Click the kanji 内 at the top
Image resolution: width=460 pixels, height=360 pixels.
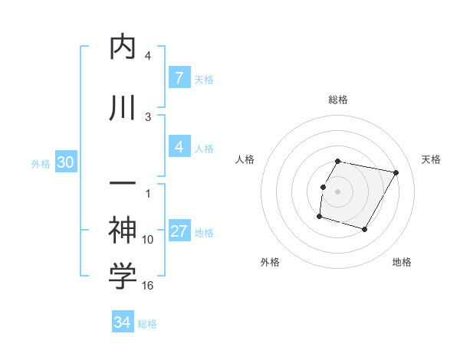point(123,48)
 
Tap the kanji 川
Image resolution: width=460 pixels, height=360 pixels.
point(123,108)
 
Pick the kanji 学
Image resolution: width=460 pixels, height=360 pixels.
point(123,277)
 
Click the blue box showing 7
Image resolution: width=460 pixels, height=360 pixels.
point(179,78)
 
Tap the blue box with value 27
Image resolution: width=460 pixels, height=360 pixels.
point(179,232)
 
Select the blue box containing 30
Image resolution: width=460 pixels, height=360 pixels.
point(65,162)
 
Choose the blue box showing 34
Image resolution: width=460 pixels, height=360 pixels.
point(122,322)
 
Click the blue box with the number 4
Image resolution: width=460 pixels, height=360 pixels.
point(179,147)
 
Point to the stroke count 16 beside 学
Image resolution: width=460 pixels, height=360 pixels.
point(148,285)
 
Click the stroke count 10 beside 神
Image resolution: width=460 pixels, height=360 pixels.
point(148,240)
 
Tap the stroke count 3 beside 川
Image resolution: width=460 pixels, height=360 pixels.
point(148,116)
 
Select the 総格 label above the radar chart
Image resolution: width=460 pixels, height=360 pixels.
point(338,100)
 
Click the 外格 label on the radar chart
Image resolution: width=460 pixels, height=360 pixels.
point(270,262)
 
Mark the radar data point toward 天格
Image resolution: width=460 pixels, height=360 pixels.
point(396,173)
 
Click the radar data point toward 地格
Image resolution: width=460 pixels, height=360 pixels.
point(365,230)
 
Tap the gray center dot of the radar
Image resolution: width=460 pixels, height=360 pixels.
point(338,191)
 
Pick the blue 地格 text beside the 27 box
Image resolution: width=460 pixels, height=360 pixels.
point(204,233)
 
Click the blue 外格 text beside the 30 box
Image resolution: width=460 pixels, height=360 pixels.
point(41,163)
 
